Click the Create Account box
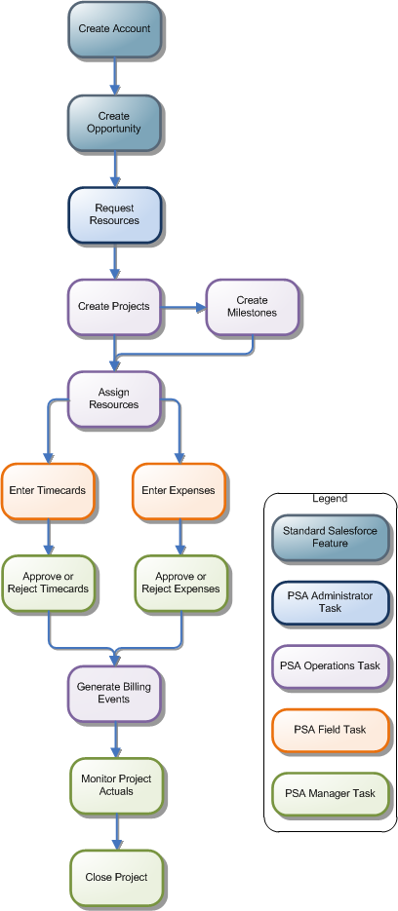click(116, 29)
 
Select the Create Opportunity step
click(114, 123)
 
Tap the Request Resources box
click(114, 214)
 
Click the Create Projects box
click(114, 307)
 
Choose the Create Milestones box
click(251, 307)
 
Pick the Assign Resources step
click(114, 399)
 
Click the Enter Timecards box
click(48, 490)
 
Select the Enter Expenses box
click(179, 490)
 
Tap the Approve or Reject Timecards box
click(48, 583)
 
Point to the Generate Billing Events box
click(114, 694)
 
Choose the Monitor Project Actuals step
click(116, 785)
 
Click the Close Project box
click(116, 877)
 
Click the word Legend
click(330, 499)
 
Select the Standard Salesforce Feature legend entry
click(330, 537)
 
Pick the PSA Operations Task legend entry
click(330, 666)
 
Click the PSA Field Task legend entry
click(330, 730)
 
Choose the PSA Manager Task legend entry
click(330, 794)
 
